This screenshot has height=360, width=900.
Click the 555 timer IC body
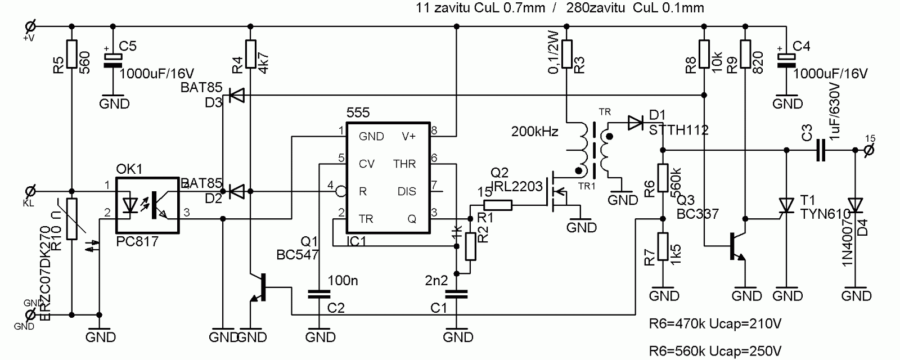[388, 177]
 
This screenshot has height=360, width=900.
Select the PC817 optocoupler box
[147, 205]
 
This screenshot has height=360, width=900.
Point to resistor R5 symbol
[71, 54]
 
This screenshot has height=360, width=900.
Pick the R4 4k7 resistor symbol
[250, 54]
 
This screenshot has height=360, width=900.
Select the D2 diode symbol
[237, 191]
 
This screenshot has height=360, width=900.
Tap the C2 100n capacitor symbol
[319, 294]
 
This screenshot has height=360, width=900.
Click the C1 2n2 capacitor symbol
[456, 294]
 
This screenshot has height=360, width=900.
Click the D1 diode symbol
[636, 121]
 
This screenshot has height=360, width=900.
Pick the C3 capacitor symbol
[820, 150]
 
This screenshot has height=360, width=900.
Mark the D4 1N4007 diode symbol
[854, 205]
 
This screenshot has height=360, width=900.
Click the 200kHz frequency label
[534, 132]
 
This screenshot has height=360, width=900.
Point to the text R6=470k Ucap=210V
[715, 325]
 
